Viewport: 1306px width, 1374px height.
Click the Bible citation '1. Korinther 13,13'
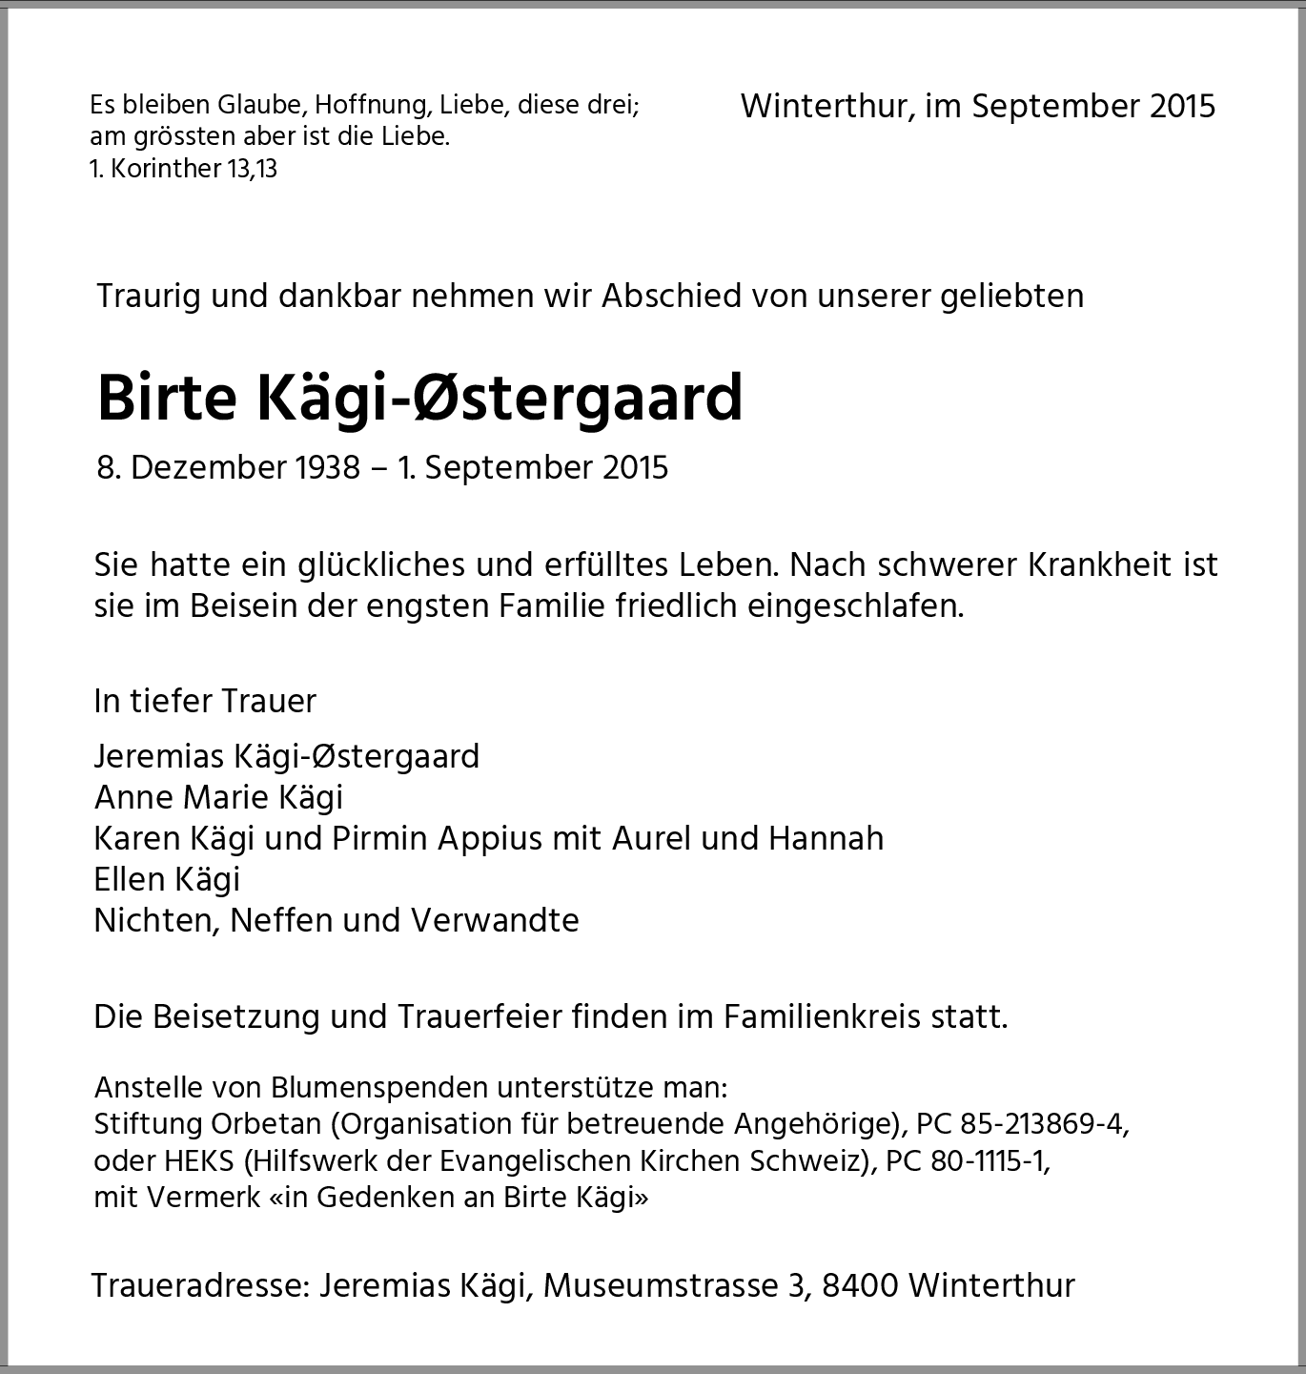(x=183, y=169)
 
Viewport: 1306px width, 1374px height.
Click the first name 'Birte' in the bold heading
(x=166, y=398)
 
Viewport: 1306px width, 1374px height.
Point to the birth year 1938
(x=327, y=467)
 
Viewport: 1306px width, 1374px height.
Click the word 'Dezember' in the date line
(x=209, y=467)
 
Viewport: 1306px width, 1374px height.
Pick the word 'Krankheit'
(x=1101, y=564)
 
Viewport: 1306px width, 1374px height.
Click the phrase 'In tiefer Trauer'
(x=205, y=701)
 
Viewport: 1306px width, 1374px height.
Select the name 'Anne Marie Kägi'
(x=218, y=797)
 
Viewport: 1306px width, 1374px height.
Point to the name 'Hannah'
(x=826, y=838)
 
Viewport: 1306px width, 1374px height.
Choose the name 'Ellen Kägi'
(x=167, y=879)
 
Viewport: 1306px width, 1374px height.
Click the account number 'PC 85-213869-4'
(x=1020, y=1124)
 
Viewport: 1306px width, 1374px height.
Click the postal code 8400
(x=859, y=1285)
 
